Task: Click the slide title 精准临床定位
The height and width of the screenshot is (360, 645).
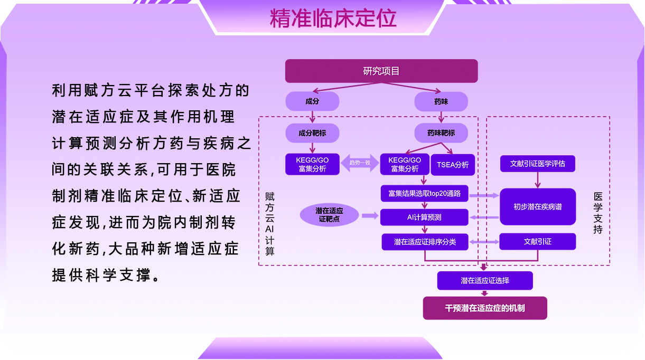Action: pos(333,18)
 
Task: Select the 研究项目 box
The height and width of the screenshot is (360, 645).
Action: pos(381,71)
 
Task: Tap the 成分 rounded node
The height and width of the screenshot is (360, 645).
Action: pos(312,101)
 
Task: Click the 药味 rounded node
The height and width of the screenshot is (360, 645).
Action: pos(441,101)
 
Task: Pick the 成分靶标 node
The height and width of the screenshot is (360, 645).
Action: pos(312,133)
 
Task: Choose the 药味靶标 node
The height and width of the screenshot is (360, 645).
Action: pos(441,133)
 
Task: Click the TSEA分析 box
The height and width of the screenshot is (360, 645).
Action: pos(453,165)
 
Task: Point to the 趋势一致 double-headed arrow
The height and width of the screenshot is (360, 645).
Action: pos(360,163)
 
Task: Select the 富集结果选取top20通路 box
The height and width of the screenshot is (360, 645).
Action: pos(424,193)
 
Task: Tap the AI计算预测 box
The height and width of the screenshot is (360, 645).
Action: pos(424,217)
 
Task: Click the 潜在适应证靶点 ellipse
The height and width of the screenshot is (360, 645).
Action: pos(329,215)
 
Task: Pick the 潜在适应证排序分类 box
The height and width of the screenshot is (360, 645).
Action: pos(425,242)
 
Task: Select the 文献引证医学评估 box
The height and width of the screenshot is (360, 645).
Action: pos(538,164)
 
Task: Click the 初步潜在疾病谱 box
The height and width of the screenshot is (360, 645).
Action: pos(538,206)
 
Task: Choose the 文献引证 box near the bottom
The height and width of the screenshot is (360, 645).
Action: pos(538,241)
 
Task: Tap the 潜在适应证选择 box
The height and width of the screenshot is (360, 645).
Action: pos(485,281)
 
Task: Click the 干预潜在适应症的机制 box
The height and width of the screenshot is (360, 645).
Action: pos(485,308)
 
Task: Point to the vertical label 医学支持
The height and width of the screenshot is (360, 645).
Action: pos(598,213)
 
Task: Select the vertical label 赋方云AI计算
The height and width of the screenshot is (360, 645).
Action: pos(269,224)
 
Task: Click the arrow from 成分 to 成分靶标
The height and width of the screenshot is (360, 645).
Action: pos(312,117)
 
